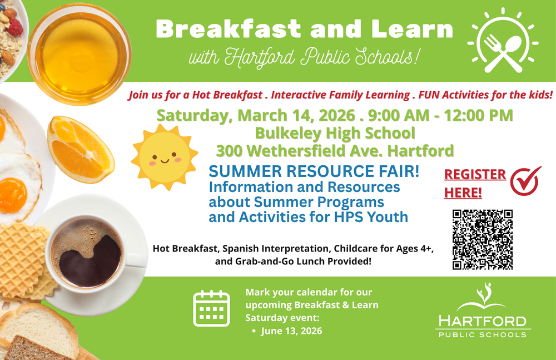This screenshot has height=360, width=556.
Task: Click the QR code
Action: point(482,240)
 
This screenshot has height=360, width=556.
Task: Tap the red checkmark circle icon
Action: point(525,182)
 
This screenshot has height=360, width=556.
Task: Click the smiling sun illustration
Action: point(164,157)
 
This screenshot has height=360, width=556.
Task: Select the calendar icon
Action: point(211,308)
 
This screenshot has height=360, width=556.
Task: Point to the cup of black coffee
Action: point(86,254)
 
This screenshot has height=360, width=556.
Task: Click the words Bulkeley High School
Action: point(335,134)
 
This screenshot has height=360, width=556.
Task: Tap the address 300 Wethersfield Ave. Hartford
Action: point(335,150)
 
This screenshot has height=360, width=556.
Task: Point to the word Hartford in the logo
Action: point(481,321)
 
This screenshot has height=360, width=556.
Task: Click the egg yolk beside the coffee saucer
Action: point(12,194)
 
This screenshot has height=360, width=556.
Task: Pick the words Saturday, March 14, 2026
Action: point(256,116)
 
